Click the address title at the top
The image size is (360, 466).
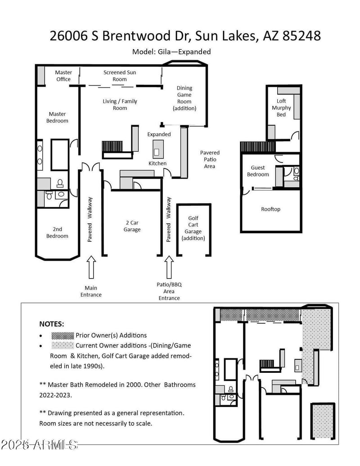pyautogui.click(x=185, y=36)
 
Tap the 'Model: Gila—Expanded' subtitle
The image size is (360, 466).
pyautogui.click(x=171, y=52)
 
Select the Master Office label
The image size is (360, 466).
pyautogui.click(x=63, y=76)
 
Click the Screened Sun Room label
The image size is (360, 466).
pyautogui.click(x=120, y=76)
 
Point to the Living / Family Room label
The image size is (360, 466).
pyautogui.click(x=120, y=104)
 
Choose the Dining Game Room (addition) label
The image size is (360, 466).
pyautogui.click(x=184, y=98)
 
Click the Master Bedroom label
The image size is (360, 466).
pyautogui.click(x=58, y=117)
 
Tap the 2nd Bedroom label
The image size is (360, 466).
pyautogui.click(x=57, y=233)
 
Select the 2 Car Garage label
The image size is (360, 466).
pyautogui.click(x=132, y=226)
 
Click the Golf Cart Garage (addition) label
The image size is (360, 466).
pyautogui.click(x=193, y=228)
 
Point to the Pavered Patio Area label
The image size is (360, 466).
pyautogui.click(x=210, y=159)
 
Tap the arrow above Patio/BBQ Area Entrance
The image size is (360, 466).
pyautogui.click(x=169, y=267)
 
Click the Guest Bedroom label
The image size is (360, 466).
pyautogui.click(x=258, y=171)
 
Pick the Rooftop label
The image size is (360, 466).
pyautogui.click(x=270, y=209)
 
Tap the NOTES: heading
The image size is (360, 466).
pyautogui.click(x=52, y=324)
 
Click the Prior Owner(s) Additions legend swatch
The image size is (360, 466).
pyautogui.click(x=62, y=335)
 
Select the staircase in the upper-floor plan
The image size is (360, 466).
pyautogui.click(x=257, y=147)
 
